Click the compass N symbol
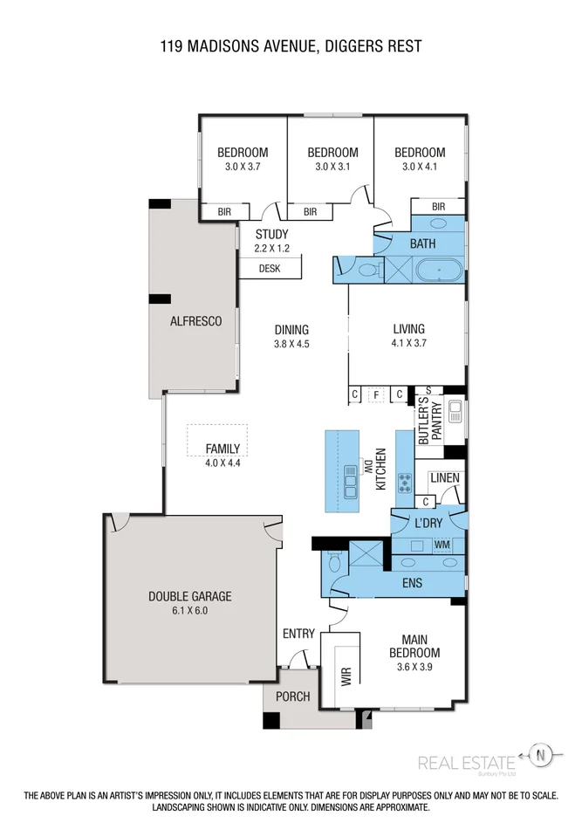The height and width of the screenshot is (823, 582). [542, 755]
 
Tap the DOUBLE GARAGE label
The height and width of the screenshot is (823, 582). [189, 596]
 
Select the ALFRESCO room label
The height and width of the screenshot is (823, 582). [195, 321]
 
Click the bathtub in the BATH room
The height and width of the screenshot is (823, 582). [439, 271]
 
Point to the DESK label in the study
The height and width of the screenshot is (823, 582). [270, 269]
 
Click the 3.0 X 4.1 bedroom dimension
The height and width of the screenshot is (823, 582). [423, 166]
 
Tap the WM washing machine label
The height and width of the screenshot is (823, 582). [442, 545]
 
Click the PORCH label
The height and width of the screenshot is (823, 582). [293, 696]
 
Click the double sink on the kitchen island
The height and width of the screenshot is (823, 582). [351, 478]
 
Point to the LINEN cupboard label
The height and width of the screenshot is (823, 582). [445, 478]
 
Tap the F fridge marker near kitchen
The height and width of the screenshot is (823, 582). [376, 394]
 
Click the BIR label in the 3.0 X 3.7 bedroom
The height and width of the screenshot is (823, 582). [223, 211]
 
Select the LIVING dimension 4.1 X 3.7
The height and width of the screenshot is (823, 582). [408, 343]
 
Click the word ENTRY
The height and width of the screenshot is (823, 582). [298, 634]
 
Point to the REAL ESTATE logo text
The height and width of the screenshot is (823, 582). [466, 762]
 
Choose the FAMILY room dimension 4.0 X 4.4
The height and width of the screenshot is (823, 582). [223, 463]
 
